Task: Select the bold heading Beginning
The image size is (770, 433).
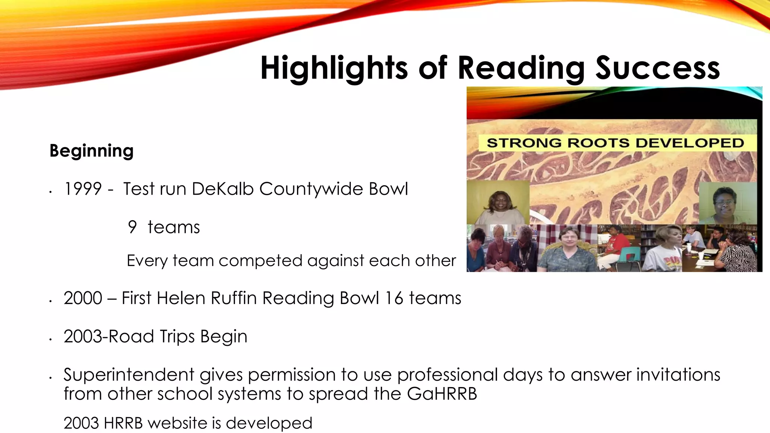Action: click(x=91, y=151)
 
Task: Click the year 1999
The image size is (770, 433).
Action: click(x=83, y=189)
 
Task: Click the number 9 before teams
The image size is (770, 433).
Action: click(x=132, y=227)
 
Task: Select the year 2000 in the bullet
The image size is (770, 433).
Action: click(x=83, y=298)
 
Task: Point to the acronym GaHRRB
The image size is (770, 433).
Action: click(x=442, y=394)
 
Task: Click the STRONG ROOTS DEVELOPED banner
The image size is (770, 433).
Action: click(x=615, y=143)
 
